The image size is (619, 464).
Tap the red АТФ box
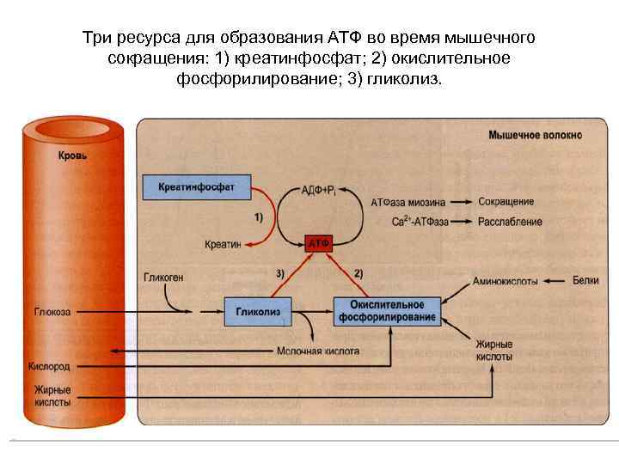(x=319, y=244)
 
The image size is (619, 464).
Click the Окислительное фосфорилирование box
(x=387, y=311)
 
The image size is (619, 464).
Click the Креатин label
(x=223, y=244)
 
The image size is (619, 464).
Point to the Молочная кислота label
(x=318, y=351)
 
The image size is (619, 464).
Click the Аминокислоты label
(x=506, y=281)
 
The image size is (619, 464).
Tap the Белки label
(x=587, y=281)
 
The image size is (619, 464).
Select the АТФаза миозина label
(x=408, y=203)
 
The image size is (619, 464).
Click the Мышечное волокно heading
(x=535, y=135)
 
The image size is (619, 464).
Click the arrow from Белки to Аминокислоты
(x=556, y=281)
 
